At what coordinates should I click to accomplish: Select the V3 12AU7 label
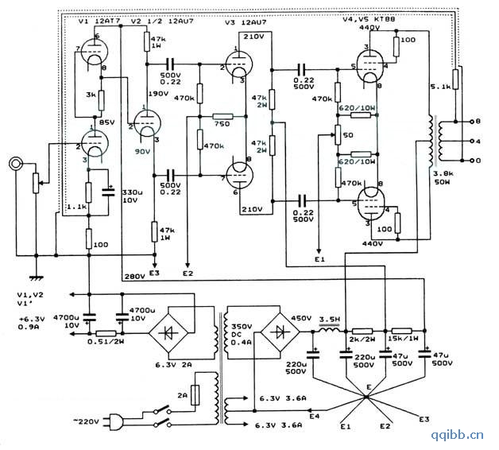242,22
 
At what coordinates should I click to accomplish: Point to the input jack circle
15,165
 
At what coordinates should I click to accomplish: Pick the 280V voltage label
135,277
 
